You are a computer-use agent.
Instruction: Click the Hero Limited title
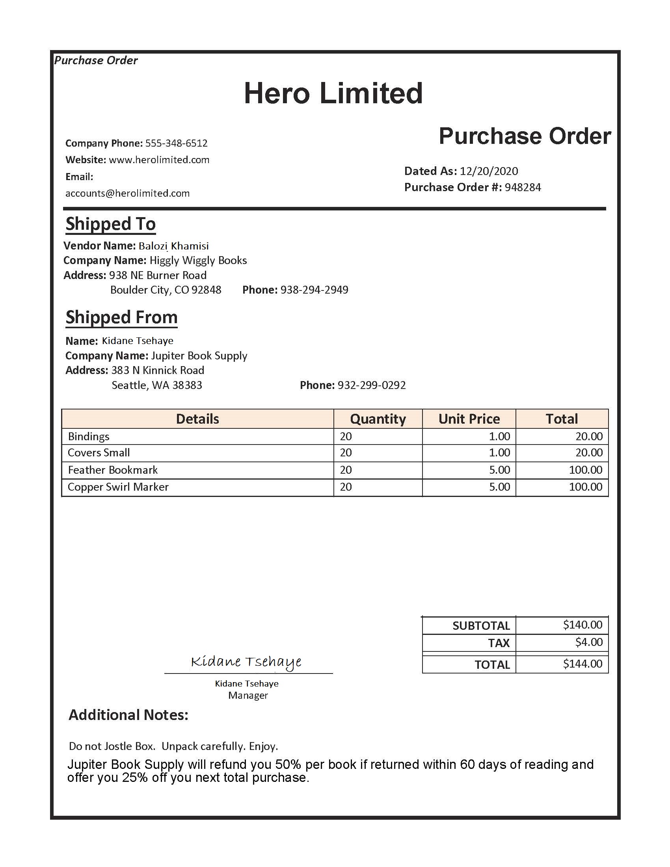coord(333,93)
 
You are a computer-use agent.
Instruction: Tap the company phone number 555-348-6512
coord(176,143)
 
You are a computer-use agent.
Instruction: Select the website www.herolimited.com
coord(159,160)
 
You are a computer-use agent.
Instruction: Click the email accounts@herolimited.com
coord(127,193)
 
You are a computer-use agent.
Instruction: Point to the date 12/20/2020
coord(489,171)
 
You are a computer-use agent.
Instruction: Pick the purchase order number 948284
coord(522,187)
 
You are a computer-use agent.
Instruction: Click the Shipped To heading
coord(110,224)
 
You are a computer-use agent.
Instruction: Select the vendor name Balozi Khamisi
coord(173,246)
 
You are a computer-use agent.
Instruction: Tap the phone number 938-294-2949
coord(314,290)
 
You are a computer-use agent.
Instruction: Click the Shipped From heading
coord(121,318)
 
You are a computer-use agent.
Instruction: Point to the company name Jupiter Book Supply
coord(199,356)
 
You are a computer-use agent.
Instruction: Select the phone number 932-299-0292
coord(372,385)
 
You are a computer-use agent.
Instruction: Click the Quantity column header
coord(378,419)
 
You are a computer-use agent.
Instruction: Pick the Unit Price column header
coord(469,419)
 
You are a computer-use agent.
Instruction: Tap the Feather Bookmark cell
coord(113,471)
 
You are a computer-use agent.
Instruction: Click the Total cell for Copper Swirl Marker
coord(585,487)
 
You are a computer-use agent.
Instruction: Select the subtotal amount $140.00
coord(582,625)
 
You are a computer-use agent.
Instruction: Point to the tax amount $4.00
coord(589,642)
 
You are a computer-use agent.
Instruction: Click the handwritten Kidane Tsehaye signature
coord(246,662)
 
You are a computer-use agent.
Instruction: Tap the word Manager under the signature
coord(248,696)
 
